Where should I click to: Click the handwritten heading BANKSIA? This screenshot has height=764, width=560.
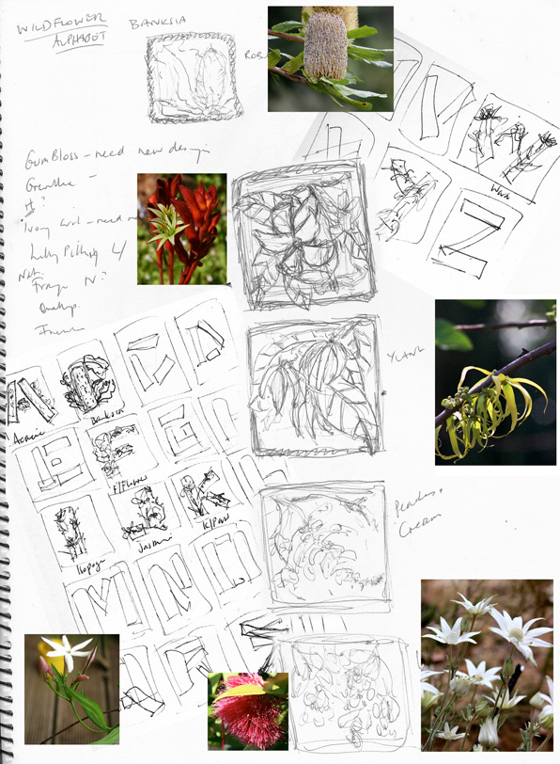tap(157, 22)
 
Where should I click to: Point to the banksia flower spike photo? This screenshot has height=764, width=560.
tap(330, 58)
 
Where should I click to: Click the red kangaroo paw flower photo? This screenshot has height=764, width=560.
tap(181, 229)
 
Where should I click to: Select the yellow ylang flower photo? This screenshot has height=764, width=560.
tap(495, 382)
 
